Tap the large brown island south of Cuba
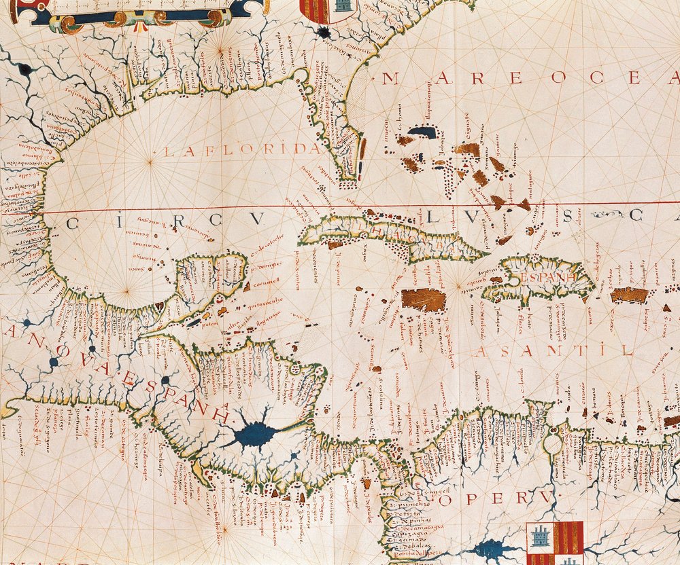[423, 299]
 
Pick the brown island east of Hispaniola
[629, 295]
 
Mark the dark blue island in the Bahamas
[422, 132]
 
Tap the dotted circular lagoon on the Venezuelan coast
[552, 443]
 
